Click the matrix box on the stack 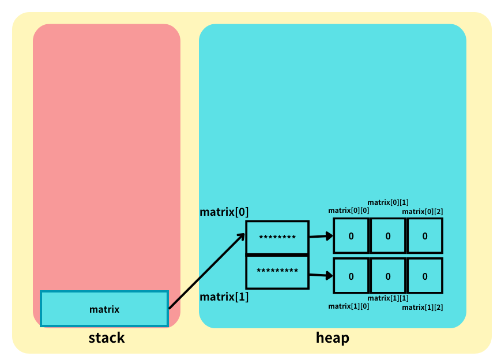(x=104, y=309)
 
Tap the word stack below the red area (x=106, y=337)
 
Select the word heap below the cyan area (x=332, y=337)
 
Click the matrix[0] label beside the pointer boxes (x=224, y=212)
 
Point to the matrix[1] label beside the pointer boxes (x=224, y=298)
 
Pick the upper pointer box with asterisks (x=277, y=237)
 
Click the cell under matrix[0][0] (x=351, y=235)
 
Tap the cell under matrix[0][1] (x=387, y=235)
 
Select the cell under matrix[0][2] (x=425, y=235)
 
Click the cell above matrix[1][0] (x=351, y=276)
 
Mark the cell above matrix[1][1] (x=387, y=276)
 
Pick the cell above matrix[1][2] (x=425, y=276)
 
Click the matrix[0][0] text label (x=349, y=211)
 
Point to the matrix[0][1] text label (x=388, y=202)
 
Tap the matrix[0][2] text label (x=423, y=212)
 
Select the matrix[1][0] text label (x=349, y=306)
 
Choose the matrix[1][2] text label (x=423, y=307)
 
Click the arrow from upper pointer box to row (x=321, y=236)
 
